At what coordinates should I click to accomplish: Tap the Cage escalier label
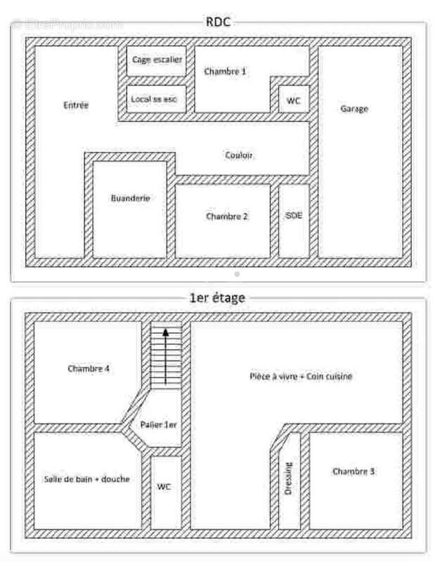157,60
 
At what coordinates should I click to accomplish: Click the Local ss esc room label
155,100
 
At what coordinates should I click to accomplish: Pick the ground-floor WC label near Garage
293,100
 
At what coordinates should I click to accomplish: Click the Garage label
354,109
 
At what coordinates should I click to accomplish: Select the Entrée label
76,105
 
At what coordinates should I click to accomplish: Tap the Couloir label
240,155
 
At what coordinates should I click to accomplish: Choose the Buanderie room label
130,198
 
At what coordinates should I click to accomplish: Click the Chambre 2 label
226,216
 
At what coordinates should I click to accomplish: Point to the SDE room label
294,215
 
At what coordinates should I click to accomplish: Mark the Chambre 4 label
89,368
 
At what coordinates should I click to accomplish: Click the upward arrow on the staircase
166,355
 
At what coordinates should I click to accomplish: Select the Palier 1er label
160,425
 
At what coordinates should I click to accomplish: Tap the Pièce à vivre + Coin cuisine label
300,377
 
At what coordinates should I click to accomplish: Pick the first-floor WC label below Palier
164,486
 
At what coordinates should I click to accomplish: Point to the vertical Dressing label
289,478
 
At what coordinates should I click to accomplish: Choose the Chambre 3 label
354,471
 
